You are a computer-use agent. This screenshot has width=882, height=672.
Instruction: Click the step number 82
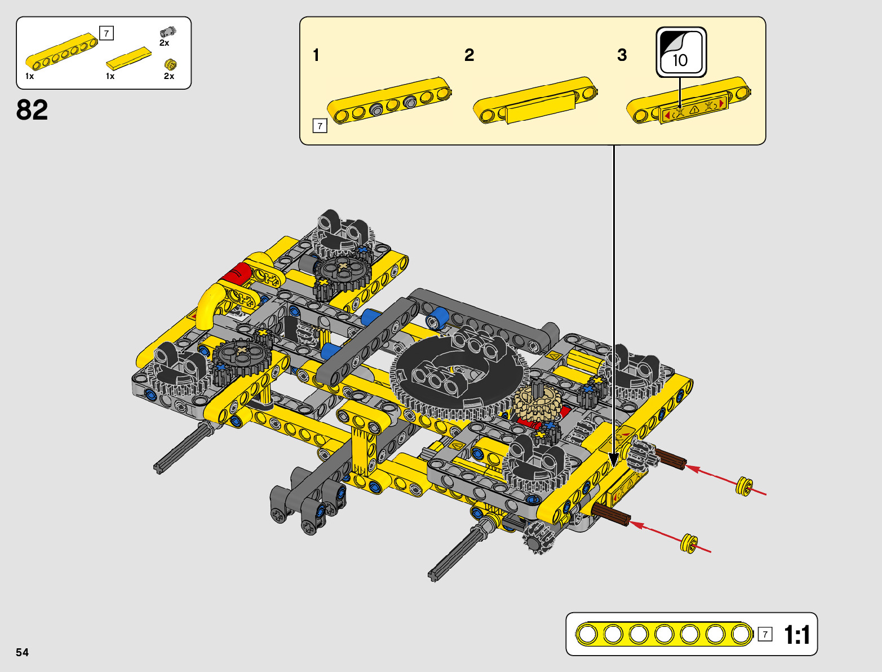tap(32, 110)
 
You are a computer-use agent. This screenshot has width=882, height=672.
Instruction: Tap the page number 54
tap(22, 652)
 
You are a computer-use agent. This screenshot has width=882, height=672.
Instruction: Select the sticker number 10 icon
tap(681, 52)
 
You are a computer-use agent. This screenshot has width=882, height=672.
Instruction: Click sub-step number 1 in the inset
tap(316, 55)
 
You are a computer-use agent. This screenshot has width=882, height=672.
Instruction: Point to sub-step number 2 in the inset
tap(469, 55)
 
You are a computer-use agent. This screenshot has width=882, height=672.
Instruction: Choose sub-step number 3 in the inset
tap(622, 55)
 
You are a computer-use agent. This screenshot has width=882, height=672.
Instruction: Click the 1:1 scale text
tap(797, 635)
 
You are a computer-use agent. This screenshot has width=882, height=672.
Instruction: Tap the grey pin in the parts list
tap(167, 32)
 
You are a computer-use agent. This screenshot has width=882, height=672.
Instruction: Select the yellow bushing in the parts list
tap(170, 64)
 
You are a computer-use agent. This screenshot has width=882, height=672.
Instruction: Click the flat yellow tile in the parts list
tap(128, 58)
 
